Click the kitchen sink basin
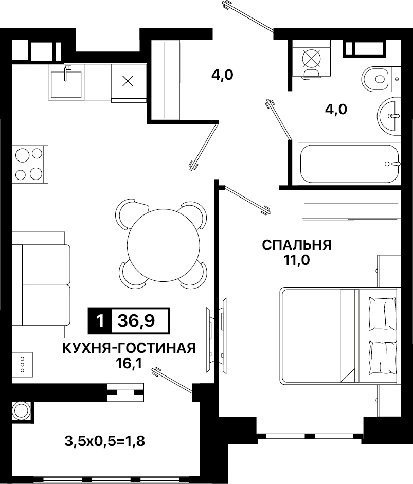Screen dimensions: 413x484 click(66, 84)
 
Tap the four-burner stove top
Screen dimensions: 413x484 click(28, 164)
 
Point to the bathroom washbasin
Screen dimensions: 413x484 click(388, 115)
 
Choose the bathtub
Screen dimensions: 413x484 click(350, 164)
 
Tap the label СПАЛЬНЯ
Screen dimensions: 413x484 click(297, 245)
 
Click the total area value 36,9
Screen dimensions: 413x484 click(136, 321)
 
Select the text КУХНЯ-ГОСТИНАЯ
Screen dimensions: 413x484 click(129, 348)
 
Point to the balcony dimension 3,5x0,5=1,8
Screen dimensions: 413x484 click(104, 441)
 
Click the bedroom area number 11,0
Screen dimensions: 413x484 click(297, 260)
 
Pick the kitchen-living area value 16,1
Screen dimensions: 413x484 click(129, 364)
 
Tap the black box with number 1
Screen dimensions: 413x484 click(100, 321)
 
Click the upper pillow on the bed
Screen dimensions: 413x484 click(383, 314)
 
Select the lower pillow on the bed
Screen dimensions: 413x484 click(383, 358)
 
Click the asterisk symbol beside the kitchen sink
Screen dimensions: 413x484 click(128, 81)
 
